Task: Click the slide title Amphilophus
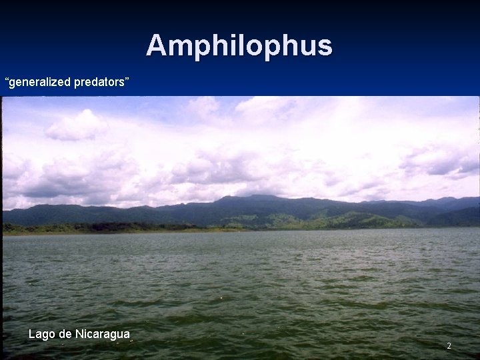tap(239, 45)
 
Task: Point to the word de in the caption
tap(65, 334)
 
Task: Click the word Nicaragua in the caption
tap(103, 334)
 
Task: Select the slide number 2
tap(449, 346)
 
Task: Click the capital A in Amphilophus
tap(156, 45)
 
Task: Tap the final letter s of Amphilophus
tap(325, 46)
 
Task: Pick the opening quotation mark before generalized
tap(7, 79)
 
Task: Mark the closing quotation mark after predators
tap(125, 79)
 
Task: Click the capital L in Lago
tap(32, 334)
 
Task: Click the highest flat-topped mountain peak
tap(260, 197)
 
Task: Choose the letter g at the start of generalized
tap(13, 83)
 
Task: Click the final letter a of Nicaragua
tap(126, 335)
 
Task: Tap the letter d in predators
tap(92, 82)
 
